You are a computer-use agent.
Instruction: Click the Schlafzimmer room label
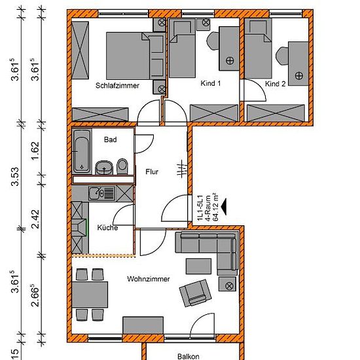117,86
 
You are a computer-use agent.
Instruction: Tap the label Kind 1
211,83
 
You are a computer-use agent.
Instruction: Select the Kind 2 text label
276,84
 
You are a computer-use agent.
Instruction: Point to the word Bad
110,139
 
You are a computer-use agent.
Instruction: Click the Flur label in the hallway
152,171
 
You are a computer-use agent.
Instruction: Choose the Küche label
107,228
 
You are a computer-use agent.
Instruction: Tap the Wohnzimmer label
149,279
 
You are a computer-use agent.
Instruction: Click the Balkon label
189,356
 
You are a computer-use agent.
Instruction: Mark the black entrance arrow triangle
224,207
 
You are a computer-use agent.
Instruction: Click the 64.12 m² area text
215,207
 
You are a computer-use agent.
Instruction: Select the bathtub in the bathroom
82,152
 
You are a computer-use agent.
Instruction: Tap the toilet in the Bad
122,166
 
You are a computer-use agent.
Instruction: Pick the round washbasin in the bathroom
104,168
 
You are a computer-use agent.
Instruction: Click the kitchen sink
102,193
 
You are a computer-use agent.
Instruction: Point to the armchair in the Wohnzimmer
196,293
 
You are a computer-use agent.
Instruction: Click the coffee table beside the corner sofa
198,266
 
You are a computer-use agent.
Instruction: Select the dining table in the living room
90,295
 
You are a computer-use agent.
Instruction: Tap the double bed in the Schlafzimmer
135,56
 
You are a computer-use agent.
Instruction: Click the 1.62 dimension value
35,151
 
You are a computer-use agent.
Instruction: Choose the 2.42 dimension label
35,219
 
